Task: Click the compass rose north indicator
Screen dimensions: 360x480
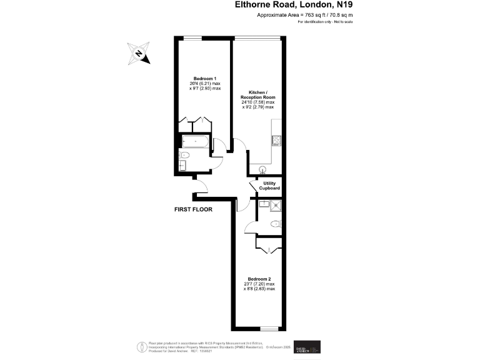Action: [138, 53]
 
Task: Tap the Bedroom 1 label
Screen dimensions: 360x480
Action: [204, 79]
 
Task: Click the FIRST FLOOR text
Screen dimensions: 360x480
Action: [193, 209]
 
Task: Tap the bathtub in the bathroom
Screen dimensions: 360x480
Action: [194, 142]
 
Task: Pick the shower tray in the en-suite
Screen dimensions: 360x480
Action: [274, 205]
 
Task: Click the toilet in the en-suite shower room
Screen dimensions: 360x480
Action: [275, 224]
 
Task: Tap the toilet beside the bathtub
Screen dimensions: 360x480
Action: [184, 155]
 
